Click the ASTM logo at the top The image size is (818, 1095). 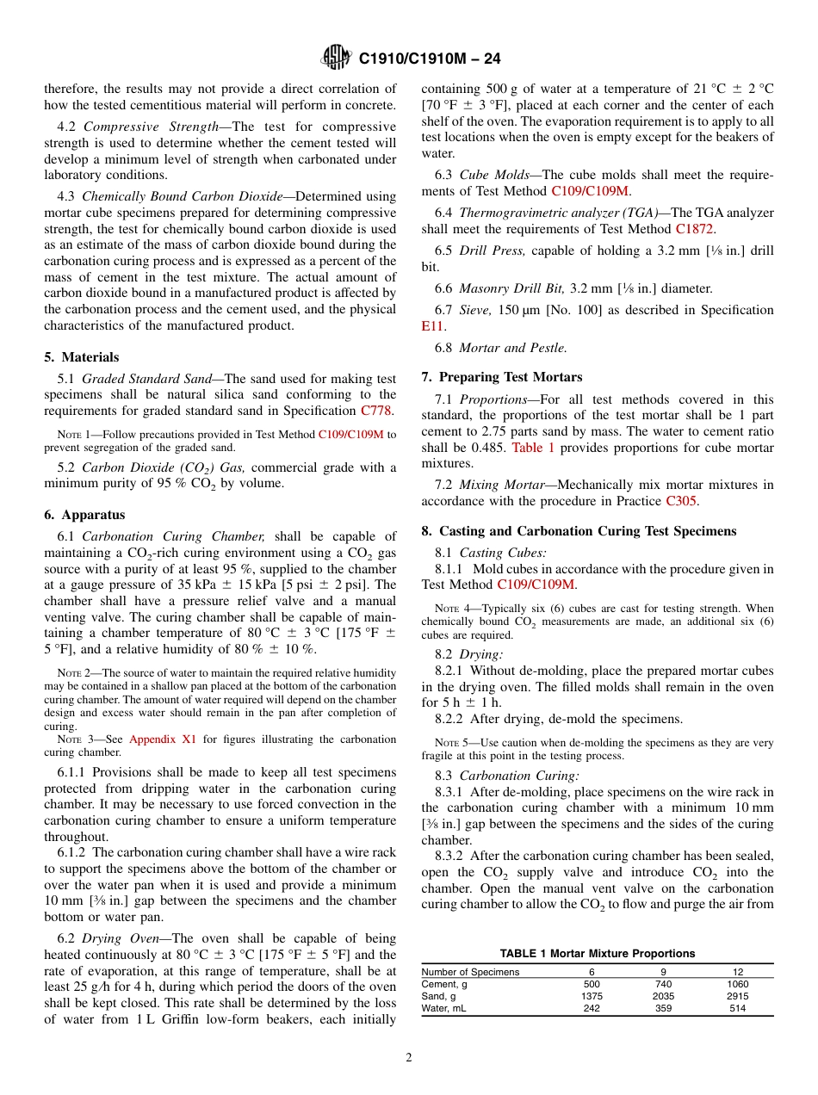point(336,58)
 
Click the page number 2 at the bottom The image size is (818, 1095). point(409,1057)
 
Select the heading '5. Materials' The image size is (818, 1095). point(82,357)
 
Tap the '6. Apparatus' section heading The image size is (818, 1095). point(84,515)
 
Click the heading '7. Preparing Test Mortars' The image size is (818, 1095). point(501,377)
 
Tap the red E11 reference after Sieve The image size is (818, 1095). point(431,326)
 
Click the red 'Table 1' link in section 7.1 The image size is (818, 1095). point(533,448)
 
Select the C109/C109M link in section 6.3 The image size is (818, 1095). point(590,191)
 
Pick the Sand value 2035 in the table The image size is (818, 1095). point(664,996)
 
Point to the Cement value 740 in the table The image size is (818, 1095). point(664,984)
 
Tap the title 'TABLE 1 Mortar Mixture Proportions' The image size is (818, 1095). point(597,954)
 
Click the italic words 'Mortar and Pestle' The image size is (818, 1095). point(512,348)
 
